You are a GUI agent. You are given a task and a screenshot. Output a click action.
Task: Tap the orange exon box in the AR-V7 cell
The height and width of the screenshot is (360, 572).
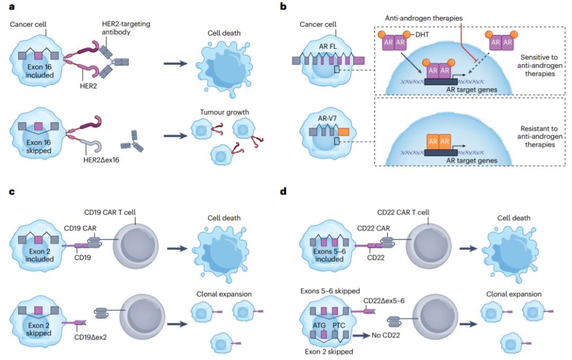[343, 132]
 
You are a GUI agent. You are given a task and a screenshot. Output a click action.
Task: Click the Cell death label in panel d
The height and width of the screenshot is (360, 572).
[513, 218]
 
